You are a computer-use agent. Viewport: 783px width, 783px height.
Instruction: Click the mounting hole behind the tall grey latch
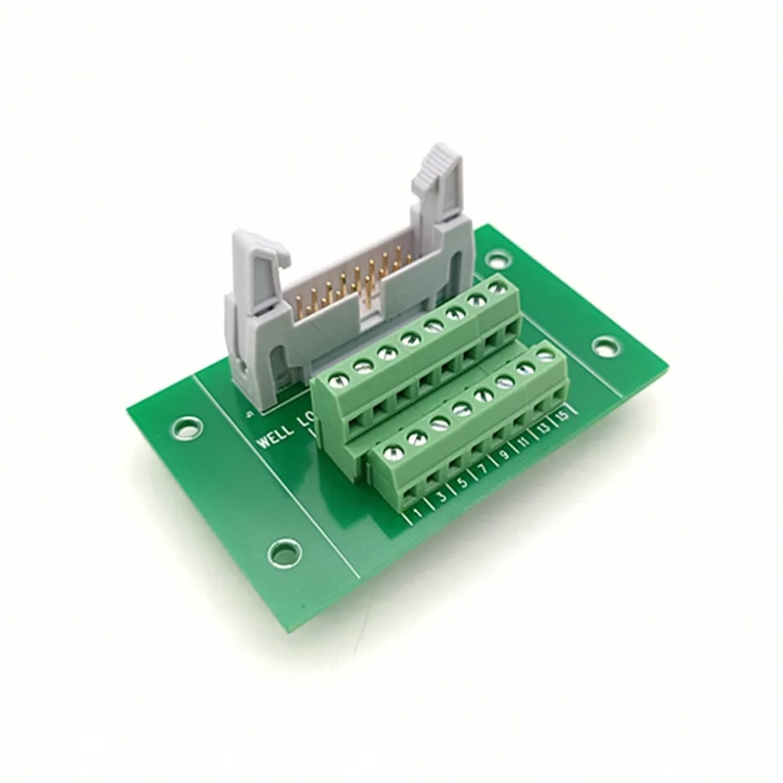coord(498,259)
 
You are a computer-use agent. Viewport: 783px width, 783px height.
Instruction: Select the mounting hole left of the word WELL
coord(185,427)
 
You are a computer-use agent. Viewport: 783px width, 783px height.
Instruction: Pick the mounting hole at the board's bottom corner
coord(284,552)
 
